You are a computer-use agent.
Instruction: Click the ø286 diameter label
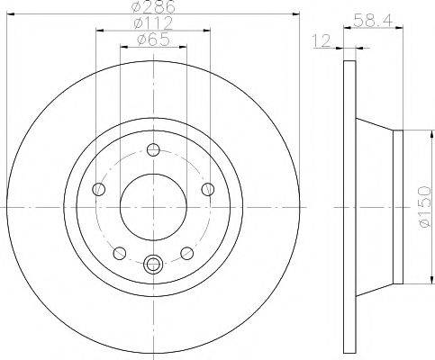152,7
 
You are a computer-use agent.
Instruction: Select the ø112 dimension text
152,22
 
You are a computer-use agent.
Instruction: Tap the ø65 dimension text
152,39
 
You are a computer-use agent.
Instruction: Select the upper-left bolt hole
98,189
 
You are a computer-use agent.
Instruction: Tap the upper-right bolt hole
207,189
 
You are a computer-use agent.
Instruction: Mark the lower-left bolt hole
119,253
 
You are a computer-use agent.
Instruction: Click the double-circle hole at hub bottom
152,264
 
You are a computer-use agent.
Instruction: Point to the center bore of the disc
152,206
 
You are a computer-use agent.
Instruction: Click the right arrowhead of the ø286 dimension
294,13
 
